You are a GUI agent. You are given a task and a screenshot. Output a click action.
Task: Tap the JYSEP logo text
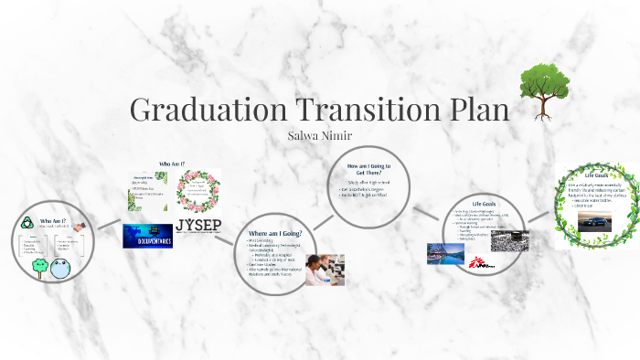pyautogui.click(x=200, y=226)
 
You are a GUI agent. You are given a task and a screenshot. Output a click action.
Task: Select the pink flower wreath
pyautogui.click(x=198, y=190)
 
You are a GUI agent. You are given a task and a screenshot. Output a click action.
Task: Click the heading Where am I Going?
pyautogui.click(x=282, y=234)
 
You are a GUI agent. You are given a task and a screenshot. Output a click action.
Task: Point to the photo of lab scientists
pyautogui.click(x=324, y=270)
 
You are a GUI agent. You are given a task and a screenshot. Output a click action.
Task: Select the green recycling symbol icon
pyautogui.click(x=29, y=222)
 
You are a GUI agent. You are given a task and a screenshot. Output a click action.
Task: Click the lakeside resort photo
pyautogui.click(x=445, y=253)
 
